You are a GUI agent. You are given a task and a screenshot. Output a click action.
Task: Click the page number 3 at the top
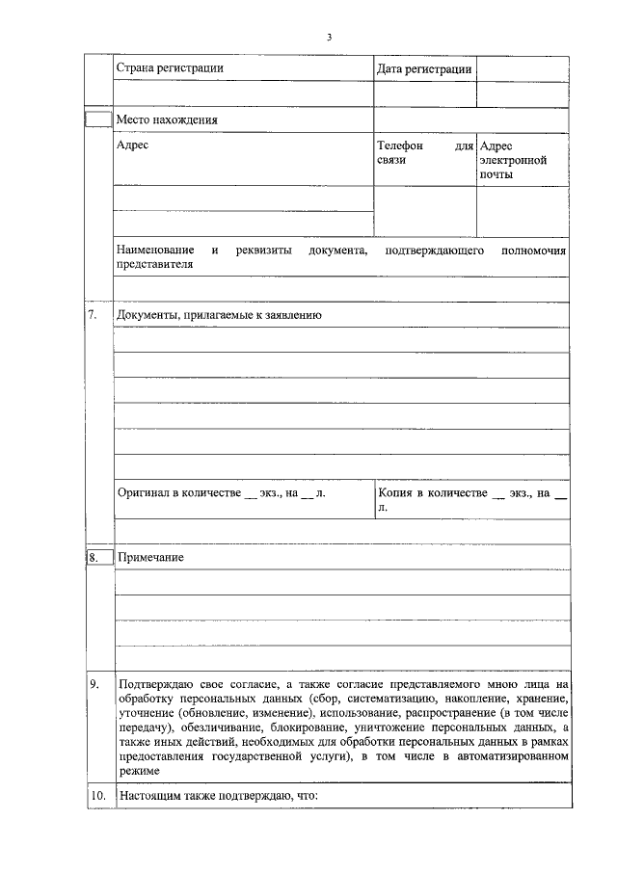pos(329,37)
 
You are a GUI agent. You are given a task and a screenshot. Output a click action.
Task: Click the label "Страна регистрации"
pos(170,68)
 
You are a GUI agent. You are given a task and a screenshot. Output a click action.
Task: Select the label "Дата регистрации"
pos(424,68)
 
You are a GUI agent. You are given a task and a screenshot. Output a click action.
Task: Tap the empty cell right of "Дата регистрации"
pos(523,68)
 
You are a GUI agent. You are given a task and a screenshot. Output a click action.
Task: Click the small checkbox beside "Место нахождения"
pos(99,119)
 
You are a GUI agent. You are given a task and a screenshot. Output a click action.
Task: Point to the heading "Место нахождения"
pos(167,120)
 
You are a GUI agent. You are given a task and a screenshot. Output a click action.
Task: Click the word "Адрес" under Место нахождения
pos(132,145)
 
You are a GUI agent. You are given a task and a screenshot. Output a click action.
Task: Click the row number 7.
pos(94,315)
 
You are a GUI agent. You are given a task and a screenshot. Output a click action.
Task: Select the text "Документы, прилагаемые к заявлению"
pos(219,315)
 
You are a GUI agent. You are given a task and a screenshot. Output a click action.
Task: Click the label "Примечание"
pos(150,558)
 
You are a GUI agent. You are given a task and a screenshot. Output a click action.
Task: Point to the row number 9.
pos(94,683)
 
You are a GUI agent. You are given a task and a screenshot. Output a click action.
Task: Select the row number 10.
pos(96,797)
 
